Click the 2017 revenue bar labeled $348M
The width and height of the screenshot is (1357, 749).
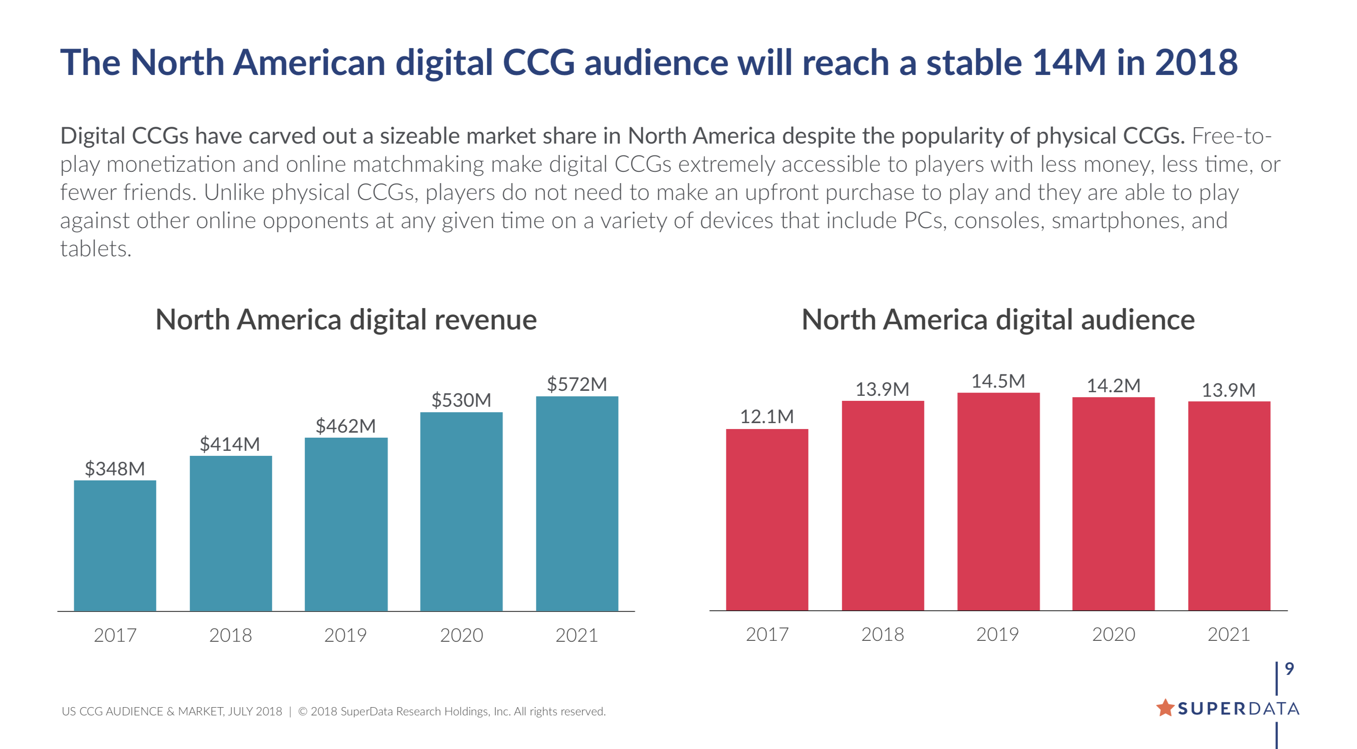115,545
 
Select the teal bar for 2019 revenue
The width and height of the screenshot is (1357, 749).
346,524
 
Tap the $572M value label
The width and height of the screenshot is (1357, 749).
577,384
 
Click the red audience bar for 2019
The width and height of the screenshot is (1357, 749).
998,501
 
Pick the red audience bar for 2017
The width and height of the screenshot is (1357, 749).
767,519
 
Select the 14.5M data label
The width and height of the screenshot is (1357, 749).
998,381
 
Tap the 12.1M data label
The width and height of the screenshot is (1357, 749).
767,417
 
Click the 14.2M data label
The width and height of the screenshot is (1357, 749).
1113,385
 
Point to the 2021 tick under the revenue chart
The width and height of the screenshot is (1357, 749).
577,635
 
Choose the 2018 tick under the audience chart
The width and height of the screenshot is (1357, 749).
883,634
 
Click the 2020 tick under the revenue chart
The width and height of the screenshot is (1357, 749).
461,635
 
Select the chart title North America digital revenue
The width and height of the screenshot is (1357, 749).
346,320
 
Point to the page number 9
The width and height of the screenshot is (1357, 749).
1289,669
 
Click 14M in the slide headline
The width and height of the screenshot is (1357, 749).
1069,62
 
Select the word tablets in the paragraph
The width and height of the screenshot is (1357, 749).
95,249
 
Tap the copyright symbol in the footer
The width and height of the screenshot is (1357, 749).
303,712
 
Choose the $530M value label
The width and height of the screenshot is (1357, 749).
461,400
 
